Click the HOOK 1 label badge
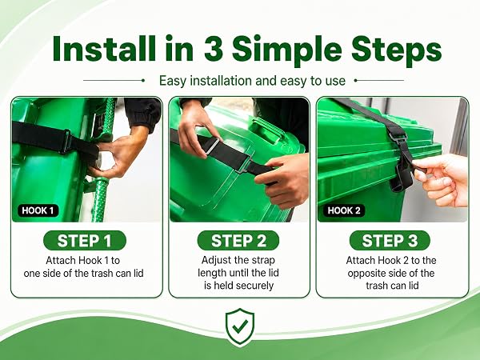tap(38, 210)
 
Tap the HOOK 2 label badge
tap(344, 210)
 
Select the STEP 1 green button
tap(85, 240)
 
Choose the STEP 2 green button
tap(238, 240)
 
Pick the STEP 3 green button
tap(390, 240)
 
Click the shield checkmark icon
tap(240, 327)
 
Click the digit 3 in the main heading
tap(213, 48)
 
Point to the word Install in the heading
tap(104, 48)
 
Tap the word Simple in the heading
tap(287, 50)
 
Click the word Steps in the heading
tap(397, 50)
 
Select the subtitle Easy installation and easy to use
tap(252, 81)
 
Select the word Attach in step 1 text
tap(61, 261)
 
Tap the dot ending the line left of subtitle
tap(143, 81)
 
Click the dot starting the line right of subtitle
tap(356, 81)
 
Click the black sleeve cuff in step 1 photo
tap(143, 114)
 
